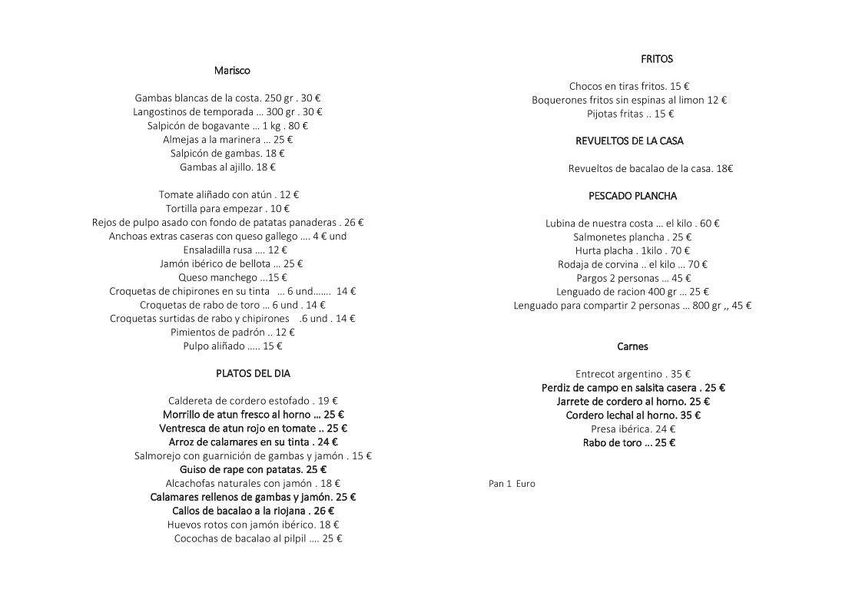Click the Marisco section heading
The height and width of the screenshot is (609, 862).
(232, 71)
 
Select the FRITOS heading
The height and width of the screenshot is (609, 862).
(656, 59)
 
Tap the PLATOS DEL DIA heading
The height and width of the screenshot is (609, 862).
(253, 374)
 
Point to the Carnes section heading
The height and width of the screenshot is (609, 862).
(632, 347)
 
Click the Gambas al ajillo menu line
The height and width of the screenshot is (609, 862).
(227, 167)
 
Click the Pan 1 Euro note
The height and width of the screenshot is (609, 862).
(512, 485)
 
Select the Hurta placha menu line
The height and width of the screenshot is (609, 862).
(632, 251)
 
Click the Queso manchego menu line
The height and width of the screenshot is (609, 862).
(232, 278)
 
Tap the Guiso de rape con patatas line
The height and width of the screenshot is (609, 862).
(253, 470)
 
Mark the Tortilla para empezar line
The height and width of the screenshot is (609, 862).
(227, 209)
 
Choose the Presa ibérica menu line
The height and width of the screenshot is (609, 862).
(633, 429)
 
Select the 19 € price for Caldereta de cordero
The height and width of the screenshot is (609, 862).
(328, 401)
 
